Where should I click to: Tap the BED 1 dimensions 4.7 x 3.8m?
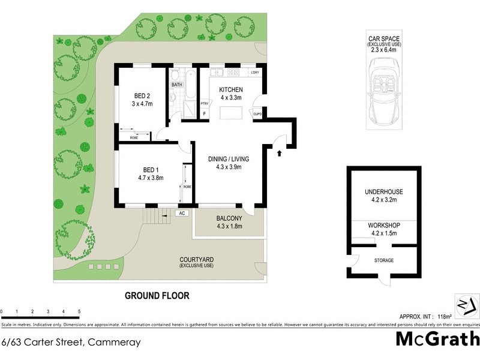coord(151,178)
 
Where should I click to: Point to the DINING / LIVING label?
coord(228,159)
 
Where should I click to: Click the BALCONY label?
coord(229,218)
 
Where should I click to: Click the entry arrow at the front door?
coord(279,154)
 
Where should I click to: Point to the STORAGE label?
coord(384,260)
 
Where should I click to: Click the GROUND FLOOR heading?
coord(157,295)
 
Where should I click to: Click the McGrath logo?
coord(437,339)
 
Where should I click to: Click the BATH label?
coord(177,85)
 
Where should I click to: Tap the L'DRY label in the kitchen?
coord(255,73)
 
